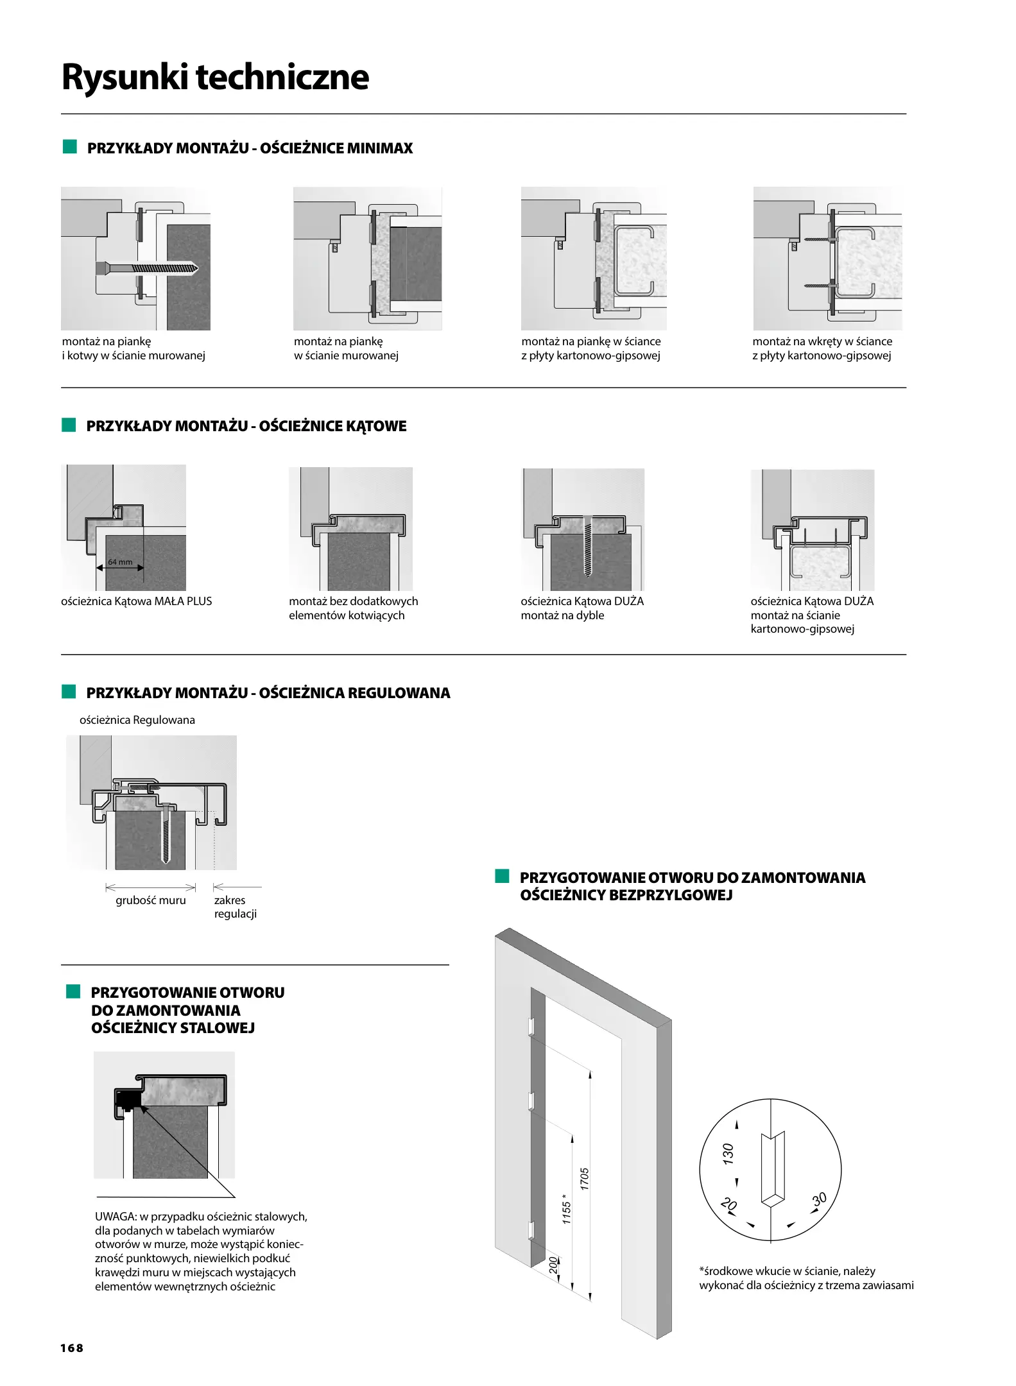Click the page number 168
click(x=72, y=1347)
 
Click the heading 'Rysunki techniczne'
click(x=215, y=77)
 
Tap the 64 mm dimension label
click(x=120, y=562)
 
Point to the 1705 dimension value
click(x=584, y=1179)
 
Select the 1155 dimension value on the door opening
click(x=566, y=1209)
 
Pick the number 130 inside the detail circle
click(x=727, y=1154)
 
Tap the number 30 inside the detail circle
click(x=819, y=1199)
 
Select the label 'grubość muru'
click(x=151, y=900)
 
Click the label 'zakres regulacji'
click(x=235, y=907)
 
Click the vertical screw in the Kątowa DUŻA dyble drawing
click(x=588, y=545)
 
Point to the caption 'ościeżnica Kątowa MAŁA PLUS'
click(x=136, y=601)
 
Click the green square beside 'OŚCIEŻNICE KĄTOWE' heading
click(x=69, y=425)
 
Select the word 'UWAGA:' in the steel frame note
click(x=116, y=1217)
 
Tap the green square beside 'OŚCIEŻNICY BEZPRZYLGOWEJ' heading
click(x=502, y=877)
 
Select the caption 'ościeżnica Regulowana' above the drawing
click(x=137, y=720)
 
